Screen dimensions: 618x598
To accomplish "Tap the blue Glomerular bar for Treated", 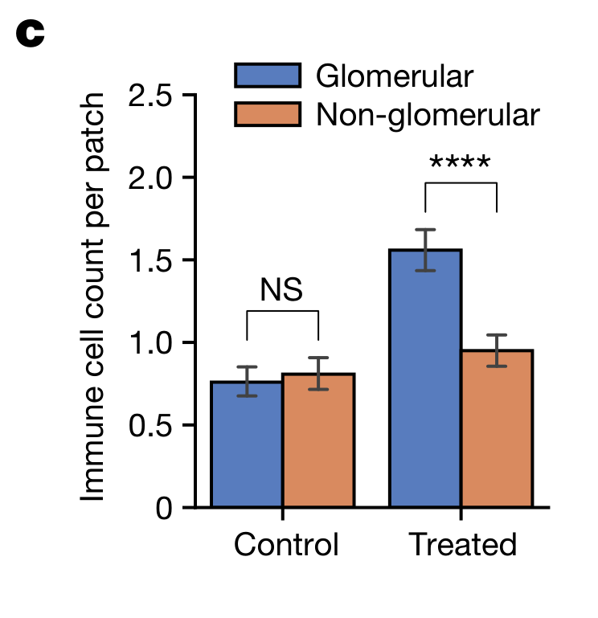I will coord(425,379).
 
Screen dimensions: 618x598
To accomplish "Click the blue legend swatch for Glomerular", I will coord(268,76).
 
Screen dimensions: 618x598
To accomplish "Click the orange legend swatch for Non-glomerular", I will coord(268,114).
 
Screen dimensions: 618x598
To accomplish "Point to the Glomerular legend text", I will coord(394,76).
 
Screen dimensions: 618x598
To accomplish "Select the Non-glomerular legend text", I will coord(427,114).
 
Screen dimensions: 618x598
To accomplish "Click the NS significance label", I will coord(281,290).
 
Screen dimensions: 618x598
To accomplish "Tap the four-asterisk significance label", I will coord(460,164).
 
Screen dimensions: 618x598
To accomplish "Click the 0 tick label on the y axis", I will coord(164,509).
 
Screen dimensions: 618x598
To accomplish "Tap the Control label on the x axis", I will coord(286,545).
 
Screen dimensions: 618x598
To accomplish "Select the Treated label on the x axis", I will coord(463,545).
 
